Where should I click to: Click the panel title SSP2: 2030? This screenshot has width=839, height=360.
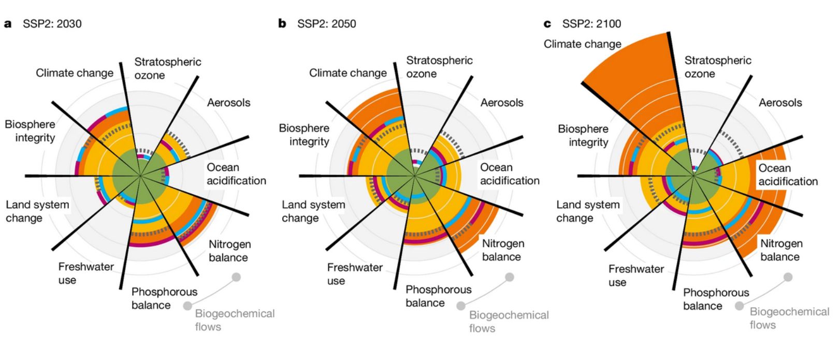tap(52, 24)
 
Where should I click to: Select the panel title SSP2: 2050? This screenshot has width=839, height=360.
tap(326, 24)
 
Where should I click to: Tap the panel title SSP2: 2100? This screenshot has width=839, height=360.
tap(591, 24)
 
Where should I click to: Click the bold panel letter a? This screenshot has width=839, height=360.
tap(8, 24)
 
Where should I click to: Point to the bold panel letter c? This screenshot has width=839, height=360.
tap(547, 24)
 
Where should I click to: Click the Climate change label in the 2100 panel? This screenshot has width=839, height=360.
tap(582, 44)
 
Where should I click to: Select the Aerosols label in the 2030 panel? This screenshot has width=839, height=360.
tap(228, 103)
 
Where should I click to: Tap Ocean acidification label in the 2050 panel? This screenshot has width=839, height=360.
tap(510, 174)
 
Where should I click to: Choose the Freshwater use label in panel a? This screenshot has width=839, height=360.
tap(85, 273)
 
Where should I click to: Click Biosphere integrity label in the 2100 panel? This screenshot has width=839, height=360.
tap(583, 135)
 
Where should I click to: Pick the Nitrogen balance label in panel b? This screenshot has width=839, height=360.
tap(502, 250)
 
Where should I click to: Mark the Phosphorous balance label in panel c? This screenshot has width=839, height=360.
tap(716, 299)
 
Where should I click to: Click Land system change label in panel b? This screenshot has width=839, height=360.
tap(313, 211)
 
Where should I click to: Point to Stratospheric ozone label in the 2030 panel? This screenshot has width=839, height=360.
tap(167, 68)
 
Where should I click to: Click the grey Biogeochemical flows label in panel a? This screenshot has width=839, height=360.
tap(235, 320)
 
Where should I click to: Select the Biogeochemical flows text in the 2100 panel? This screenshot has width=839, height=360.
tap(789, 318)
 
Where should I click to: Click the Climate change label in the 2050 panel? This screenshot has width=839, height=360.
tap(348, 73)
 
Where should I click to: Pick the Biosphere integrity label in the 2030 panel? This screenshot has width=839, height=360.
tap(30, 131)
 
